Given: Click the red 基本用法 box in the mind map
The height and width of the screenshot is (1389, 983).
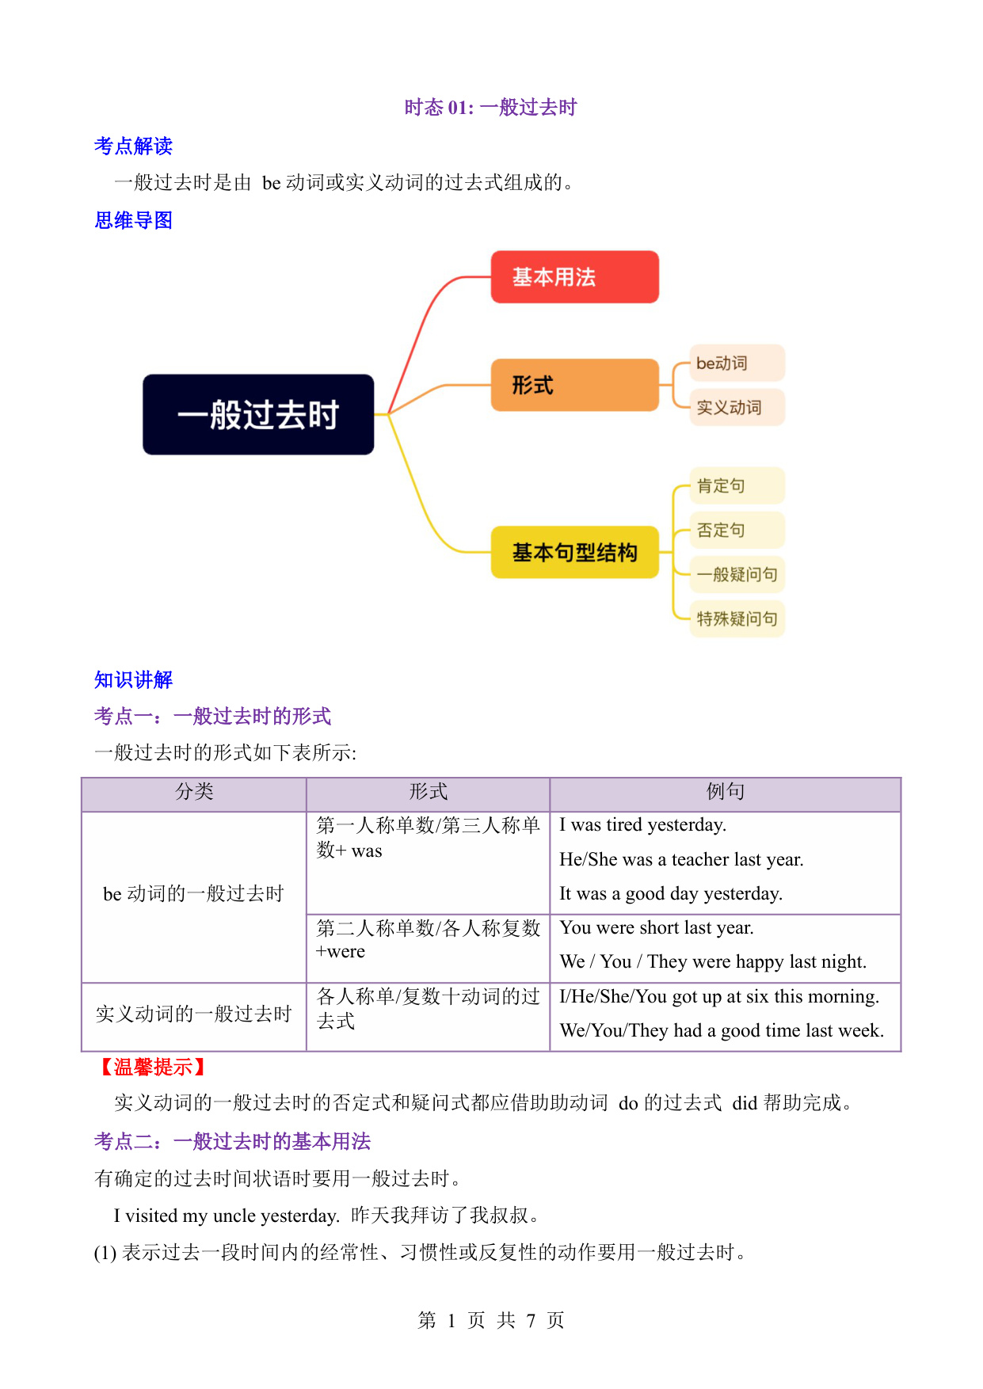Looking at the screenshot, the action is [x=574, y=277].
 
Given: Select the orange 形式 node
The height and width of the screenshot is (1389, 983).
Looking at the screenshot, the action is [x=574, y=385].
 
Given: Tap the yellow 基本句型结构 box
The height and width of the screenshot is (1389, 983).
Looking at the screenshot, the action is [x=574, y=552].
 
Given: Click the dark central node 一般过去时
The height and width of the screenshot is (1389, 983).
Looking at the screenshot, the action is [x=258, y=414].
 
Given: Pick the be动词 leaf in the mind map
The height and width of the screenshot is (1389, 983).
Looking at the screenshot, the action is [x=737, y=363].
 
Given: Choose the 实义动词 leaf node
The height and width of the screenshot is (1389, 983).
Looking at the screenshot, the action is [x=737, y=407].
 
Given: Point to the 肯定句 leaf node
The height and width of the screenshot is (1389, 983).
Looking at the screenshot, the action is [x=737, y=485].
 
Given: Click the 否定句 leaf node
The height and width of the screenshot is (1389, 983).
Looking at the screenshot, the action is [x=737, y=530].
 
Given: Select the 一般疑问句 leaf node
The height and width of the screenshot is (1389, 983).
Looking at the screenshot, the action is [x=737, y=574].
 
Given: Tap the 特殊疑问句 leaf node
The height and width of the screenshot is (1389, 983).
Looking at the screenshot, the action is [x=737, y=618].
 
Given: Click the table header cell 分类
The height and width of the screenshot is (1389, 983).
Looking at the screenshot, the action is [x=194, y=792].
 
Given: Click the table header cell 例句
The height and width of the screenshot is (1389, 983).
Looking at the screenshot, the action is [x=726, y=792].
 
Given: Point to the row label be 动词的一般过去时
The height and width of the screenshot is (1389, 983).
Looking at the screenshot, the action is [x=193, y=894].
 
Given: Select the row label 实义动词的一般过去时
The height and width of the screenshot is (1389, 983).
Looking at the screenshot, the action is [x=193, y=1014].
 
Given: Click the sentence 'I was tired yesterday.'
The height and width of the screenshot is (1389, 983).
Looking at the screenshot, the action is [x=643, y=825].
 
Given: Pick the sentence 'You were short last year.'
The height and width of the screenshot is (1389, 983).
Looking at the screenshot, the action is [x=657, y=928].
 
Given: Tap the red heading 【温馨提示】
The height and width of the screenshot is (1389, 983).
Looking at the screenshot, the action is [x=153, y=1067].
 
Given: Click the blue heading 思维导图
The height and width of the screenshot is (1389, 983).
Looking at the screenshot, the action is [x=133, y=220].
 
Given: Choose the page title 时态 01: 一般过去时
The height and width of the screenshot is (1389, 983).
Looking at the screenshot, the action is [x=491, y=108].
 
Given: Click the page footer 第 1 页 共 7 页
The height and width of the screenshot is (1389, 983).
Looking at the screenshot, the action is [x=491, y=1320].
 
